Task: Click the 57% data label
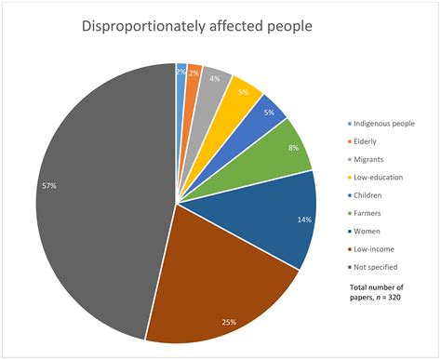point(48,186)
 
